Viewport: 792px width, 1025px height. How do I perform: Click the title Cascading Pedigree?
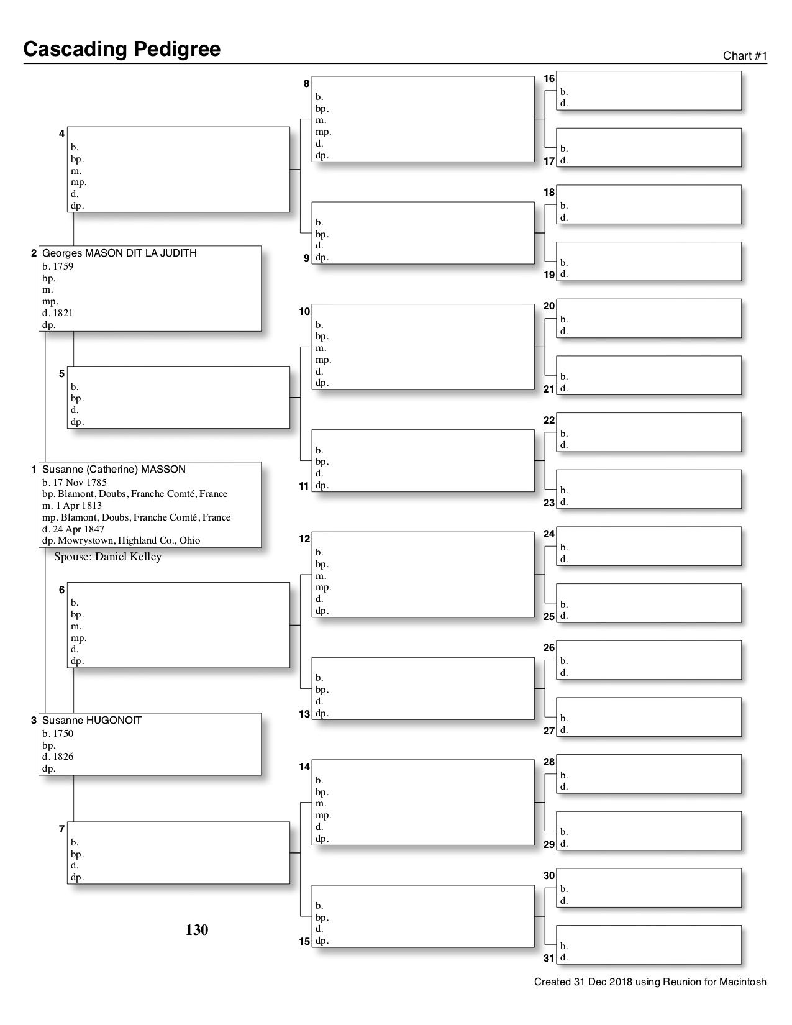tap(122, 49)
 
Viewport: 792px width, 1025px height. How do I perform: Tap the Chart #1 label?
tap(745, 56)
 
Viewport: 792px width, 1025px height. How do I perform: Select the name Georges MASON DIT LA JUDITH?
tap(119, 253)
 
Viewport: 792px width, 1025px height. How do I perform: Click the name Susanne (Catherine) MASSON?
tap(114, 470)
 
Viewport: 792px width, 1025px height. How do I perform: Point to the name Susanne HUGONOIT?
tap(92, 721)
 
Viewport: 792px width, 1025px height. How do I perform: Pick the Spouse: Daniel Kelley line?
tap(107, 557)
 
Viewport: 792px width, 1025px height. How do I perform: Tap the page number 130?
tap(197, 930)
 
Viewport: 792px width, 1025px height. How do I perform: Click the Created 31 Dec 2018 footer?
tap(650, 982)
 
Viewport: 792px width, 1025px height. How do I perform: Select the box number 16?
tap(549, 79)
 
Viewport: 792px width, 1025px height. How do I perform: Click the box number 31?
tap(549, 958)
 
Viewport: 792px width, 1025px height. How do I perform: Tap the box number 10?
tap(304, 311)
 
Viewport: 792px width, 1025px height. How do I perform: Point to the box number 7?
tap(61, 829)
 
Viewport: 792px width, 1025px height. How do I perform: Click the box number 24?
tap(549, 534)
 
